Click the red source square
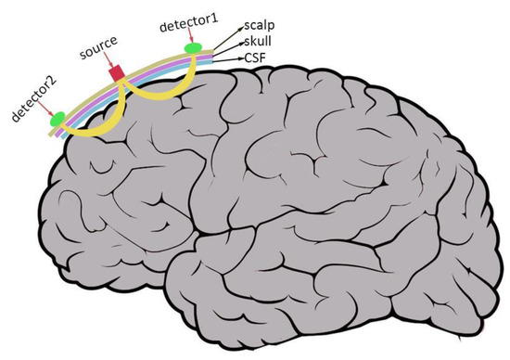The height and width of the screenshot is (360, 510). [x=117, y=72]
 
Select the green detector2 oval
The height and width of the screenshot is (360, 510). [x=57, y=117]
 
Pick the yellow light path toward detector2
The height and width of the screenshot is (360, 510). [x=97, y=117]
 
